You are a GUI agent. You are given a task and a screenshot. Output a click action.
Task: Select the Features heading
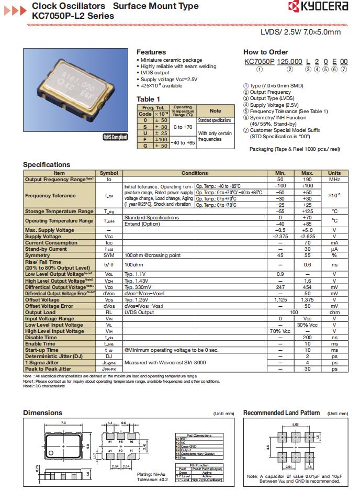click(151, 52)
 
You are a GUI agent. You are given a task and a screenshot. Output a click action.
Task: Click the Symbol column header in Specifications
click(109, 173)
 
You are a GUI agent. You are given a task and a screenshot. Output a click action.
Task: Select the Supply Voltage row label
click(43, 237)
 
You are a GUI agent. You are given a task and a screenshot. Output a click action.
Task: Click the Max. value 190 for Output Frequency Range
click(307, 179)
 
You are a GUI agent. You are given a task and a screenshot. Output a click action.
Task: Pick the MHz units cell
click(334, 179)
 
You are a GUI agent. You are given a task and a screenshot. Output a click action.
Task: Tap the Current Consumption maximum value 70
click(307, 243)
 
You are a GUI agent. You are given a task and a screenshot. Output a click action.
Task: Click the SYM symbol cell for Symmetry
click(109, 255)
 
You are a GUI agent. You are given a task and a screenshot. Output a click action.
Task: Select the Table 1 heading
click(148, 99)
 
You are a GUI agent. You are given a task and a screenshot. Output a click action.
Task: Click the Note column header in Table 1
click(215, 111)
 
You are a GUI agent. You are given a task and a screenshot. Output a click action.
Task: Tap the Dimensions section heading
click(42, 412)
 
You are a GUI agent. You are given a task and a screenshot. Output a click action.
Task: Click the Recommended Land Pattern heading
click(281, 412)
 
